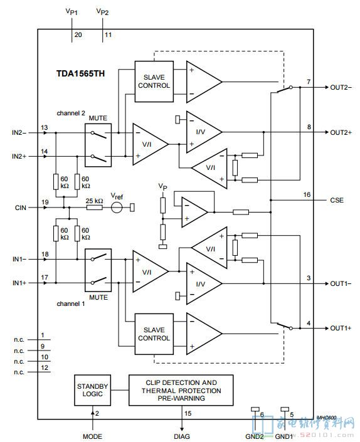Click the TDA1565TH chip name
click(x=81, y=73)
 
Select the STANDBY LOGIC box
click(x=92, y=390)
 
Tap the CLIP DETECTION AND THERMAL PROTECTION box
click(x=181, y=390)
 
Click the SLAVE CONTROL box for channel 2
click(x=154, y=82)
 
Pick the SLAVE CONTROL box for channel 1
click(x=154, y=334)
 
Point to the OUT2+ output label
click(x=341, y=132)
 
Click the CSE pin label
click(x=337, y=200)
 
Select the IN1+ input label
click(x=19, y=283)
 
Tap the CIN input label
click(x=21, y=208)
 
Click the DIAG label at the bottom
click(x=182, y=436)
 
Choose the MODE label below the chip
click(x=92, y=436)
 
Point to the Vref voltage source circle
click(x=117, y=208)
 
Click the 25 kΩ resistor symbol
click(x=95, y=208)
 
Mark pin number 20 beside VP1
click(x=78, y=34)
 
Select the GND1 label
click(x=284, y=436)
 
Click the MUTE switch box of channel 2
click(x=98, y=145)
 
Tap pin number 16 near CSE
click(x=307, y=194)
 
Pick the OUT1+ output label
click(x=341, y=328)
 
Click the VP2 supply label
click(x=102, y=11)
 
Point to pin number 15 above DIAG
click(x=188, y=413)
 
